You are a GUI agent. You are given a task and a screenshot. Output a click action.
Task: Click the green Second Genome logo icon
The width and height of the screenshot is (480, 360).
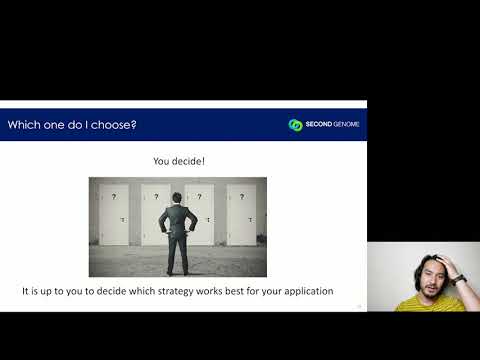point(295,125)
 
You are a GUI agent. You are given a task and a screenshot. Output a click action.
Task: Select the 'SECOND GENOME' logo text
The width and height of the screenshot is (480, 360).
point(332,125)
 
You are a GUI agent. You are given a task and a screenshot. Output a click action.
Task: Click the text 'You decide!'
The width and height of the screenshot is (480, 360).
point(178,160)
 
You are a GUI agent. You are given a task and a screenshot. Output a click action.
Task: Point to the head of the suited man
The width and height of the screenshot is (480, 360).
point(178,198)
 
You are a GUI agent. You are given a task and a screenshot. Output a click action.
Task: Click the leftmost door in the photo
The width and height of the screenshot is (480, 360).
point(114,215)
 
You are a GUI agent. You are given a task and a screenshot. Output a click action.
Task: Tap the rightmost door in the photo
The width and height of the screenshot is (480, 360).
point(241,215)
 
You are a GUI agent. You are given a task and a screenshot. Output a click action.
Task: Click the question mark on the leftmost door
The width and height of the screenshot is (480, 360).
point(114,197)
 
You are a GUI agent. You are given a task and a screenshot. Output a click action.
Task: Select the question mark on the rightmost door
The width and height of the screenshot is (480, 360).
point(241,197)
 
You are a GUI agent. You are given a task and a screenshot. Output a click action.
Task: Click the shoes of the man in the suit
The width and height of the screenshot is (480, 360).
point(177,272)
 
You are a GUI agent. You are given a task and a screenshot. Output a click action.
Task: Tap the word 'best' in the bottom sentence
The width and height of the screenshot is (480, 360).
point(241,292)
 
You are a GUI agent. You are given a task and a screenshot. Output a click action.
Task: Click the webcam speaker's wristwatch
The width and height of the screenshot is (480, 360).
point(459,279)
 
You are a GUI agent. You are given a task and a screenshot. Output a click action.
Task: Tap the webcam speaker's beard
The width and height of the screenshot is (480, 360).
point(429,291)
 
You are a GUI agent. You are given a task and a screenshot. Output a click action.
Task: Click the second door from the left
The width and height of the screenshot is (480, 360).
point(155,215)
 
